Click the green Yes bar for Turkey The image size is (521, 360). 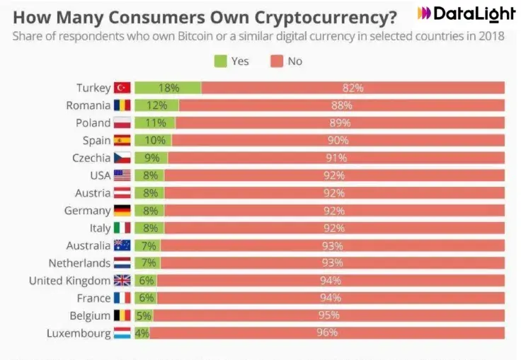(168, 88)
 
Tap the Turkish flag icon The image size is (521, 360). (122, 88)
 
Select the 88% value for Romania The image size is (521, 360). (341, 105)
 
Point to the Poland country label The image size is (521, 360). (93, 123)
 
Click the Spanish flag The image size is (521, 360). (122, 141)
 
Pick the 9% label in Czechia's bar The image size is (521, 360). (151, 158)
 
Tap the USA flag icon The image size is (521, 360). (122, 175)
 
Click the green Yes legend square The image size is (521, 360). (220, 62)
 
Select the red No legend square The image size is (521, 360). (277, 62)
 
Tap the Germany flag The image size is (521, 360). (122, 211)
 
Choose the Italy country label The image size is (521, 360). (100, 228)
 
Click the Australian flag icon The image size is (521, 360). (122, 245)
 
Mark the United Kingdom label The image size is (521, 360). (69, 281)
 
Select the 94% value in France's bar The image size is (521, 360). (330, 298)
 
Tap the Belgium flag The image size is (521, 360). (122, 315)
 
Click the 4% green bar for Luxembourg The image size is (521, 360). (142, 333)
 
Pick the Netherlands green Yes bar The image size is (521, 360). (147, 263)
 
